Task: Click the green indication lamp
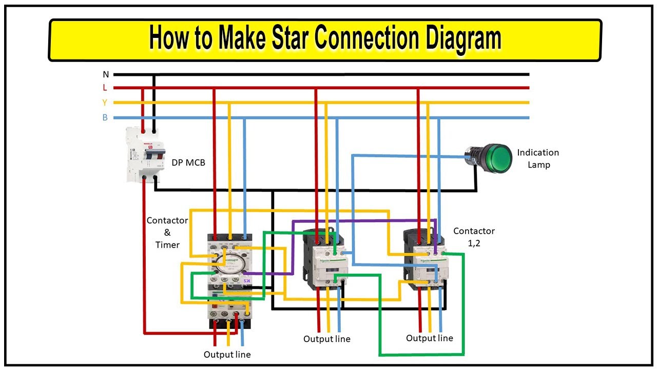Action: click(497, 158)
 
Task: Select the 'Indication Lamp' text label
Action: click(538, 158)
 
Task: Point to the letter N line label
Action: click(106, 74)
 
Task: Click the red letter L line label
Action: click(105, 88)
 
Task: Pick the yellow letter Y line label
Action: click(105, 102)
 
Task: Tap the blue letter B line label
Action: click(105, 118)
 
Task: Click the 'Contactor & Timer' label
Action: click(167, 232)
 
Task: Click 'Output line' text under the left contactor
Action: click(227, 354)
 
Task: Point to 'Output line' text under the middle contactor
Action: click(326, 339)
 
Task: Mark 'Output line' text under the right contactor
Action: click(429, 338)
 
